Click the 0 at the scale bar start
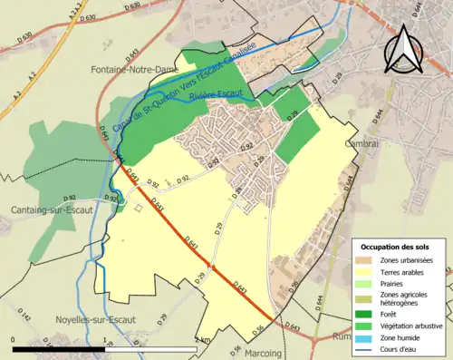[14, 340]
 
